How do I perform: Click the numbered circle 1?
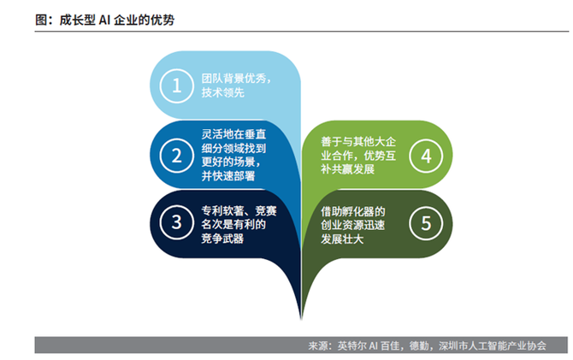(x=176, y=86)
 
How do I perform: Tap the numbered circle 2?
(x=176, y=156)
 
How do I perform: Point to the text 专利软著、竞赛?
(x=236, y=210)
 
